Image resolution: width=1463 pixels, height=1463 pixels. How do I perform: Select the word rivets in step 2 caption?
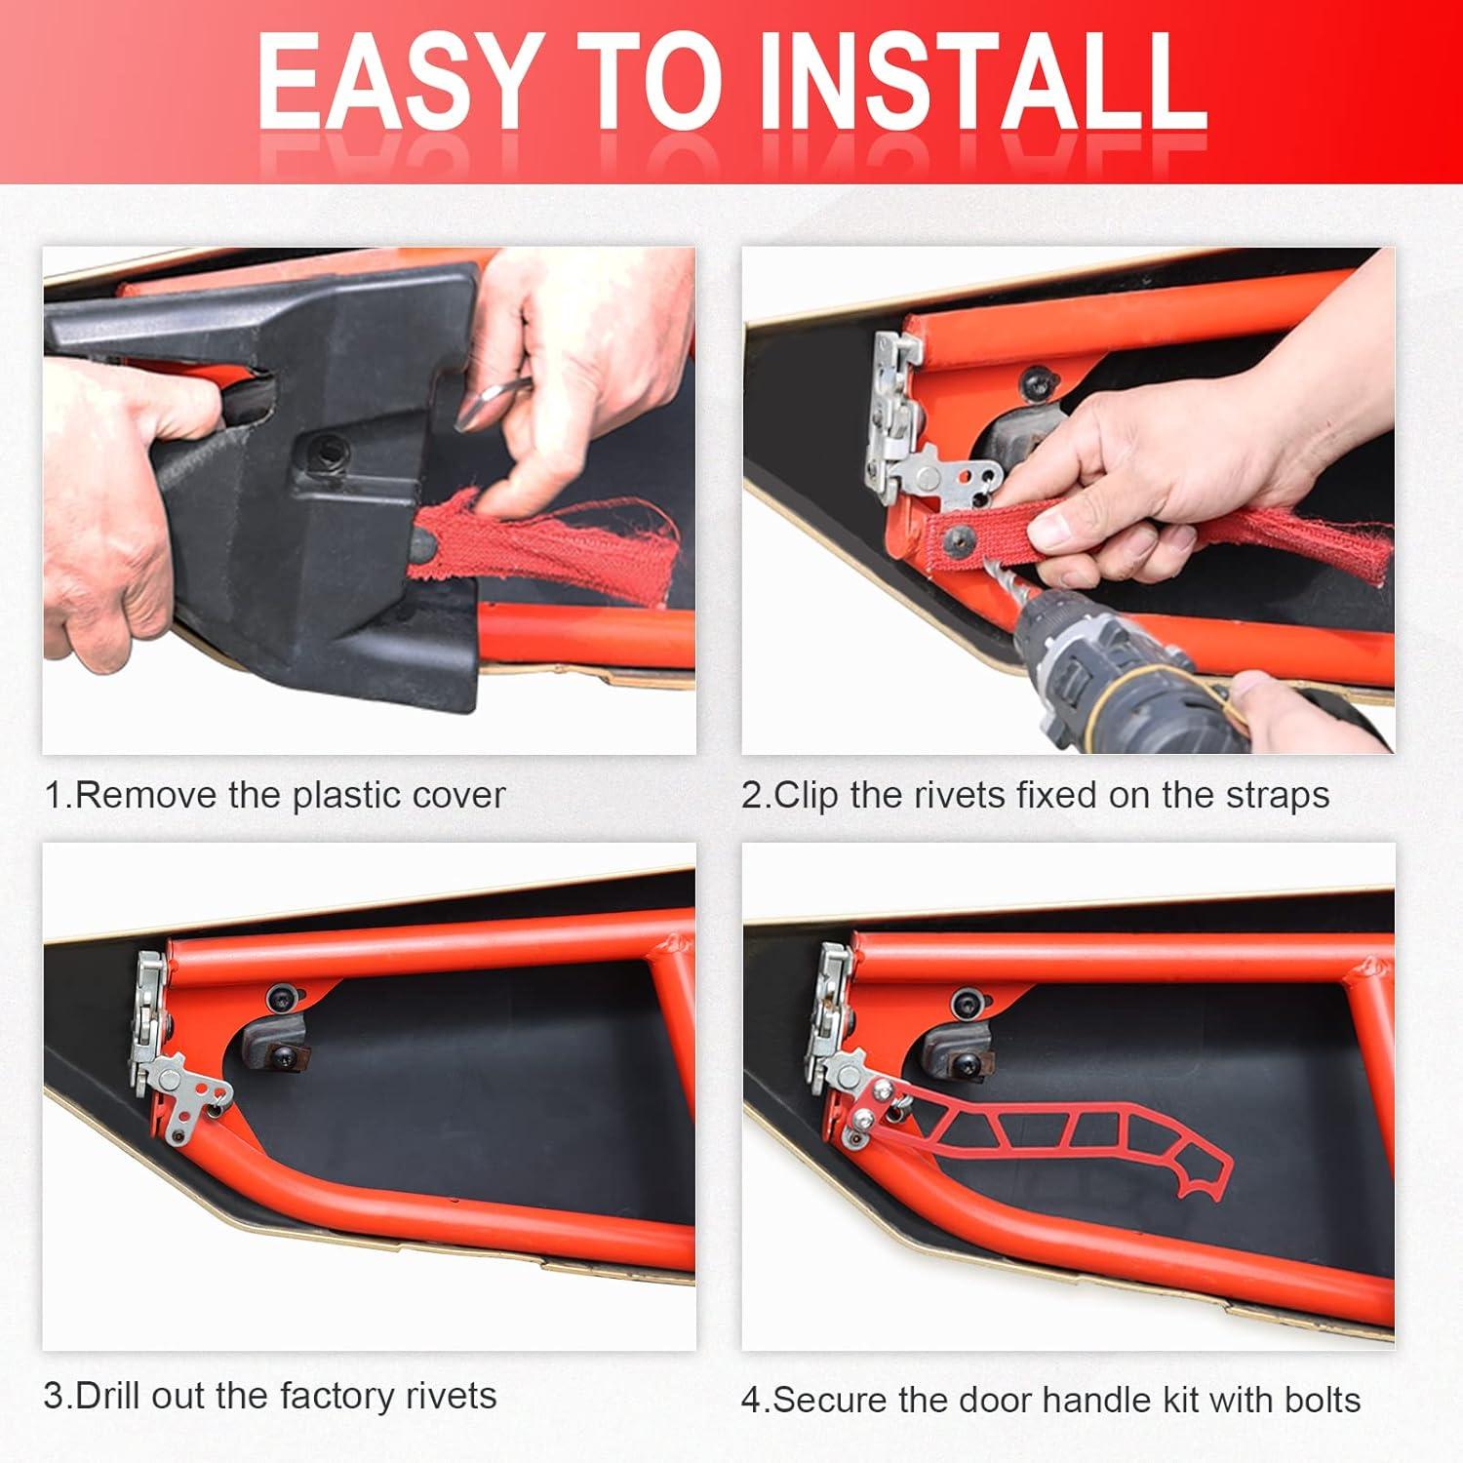[960, 795]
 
